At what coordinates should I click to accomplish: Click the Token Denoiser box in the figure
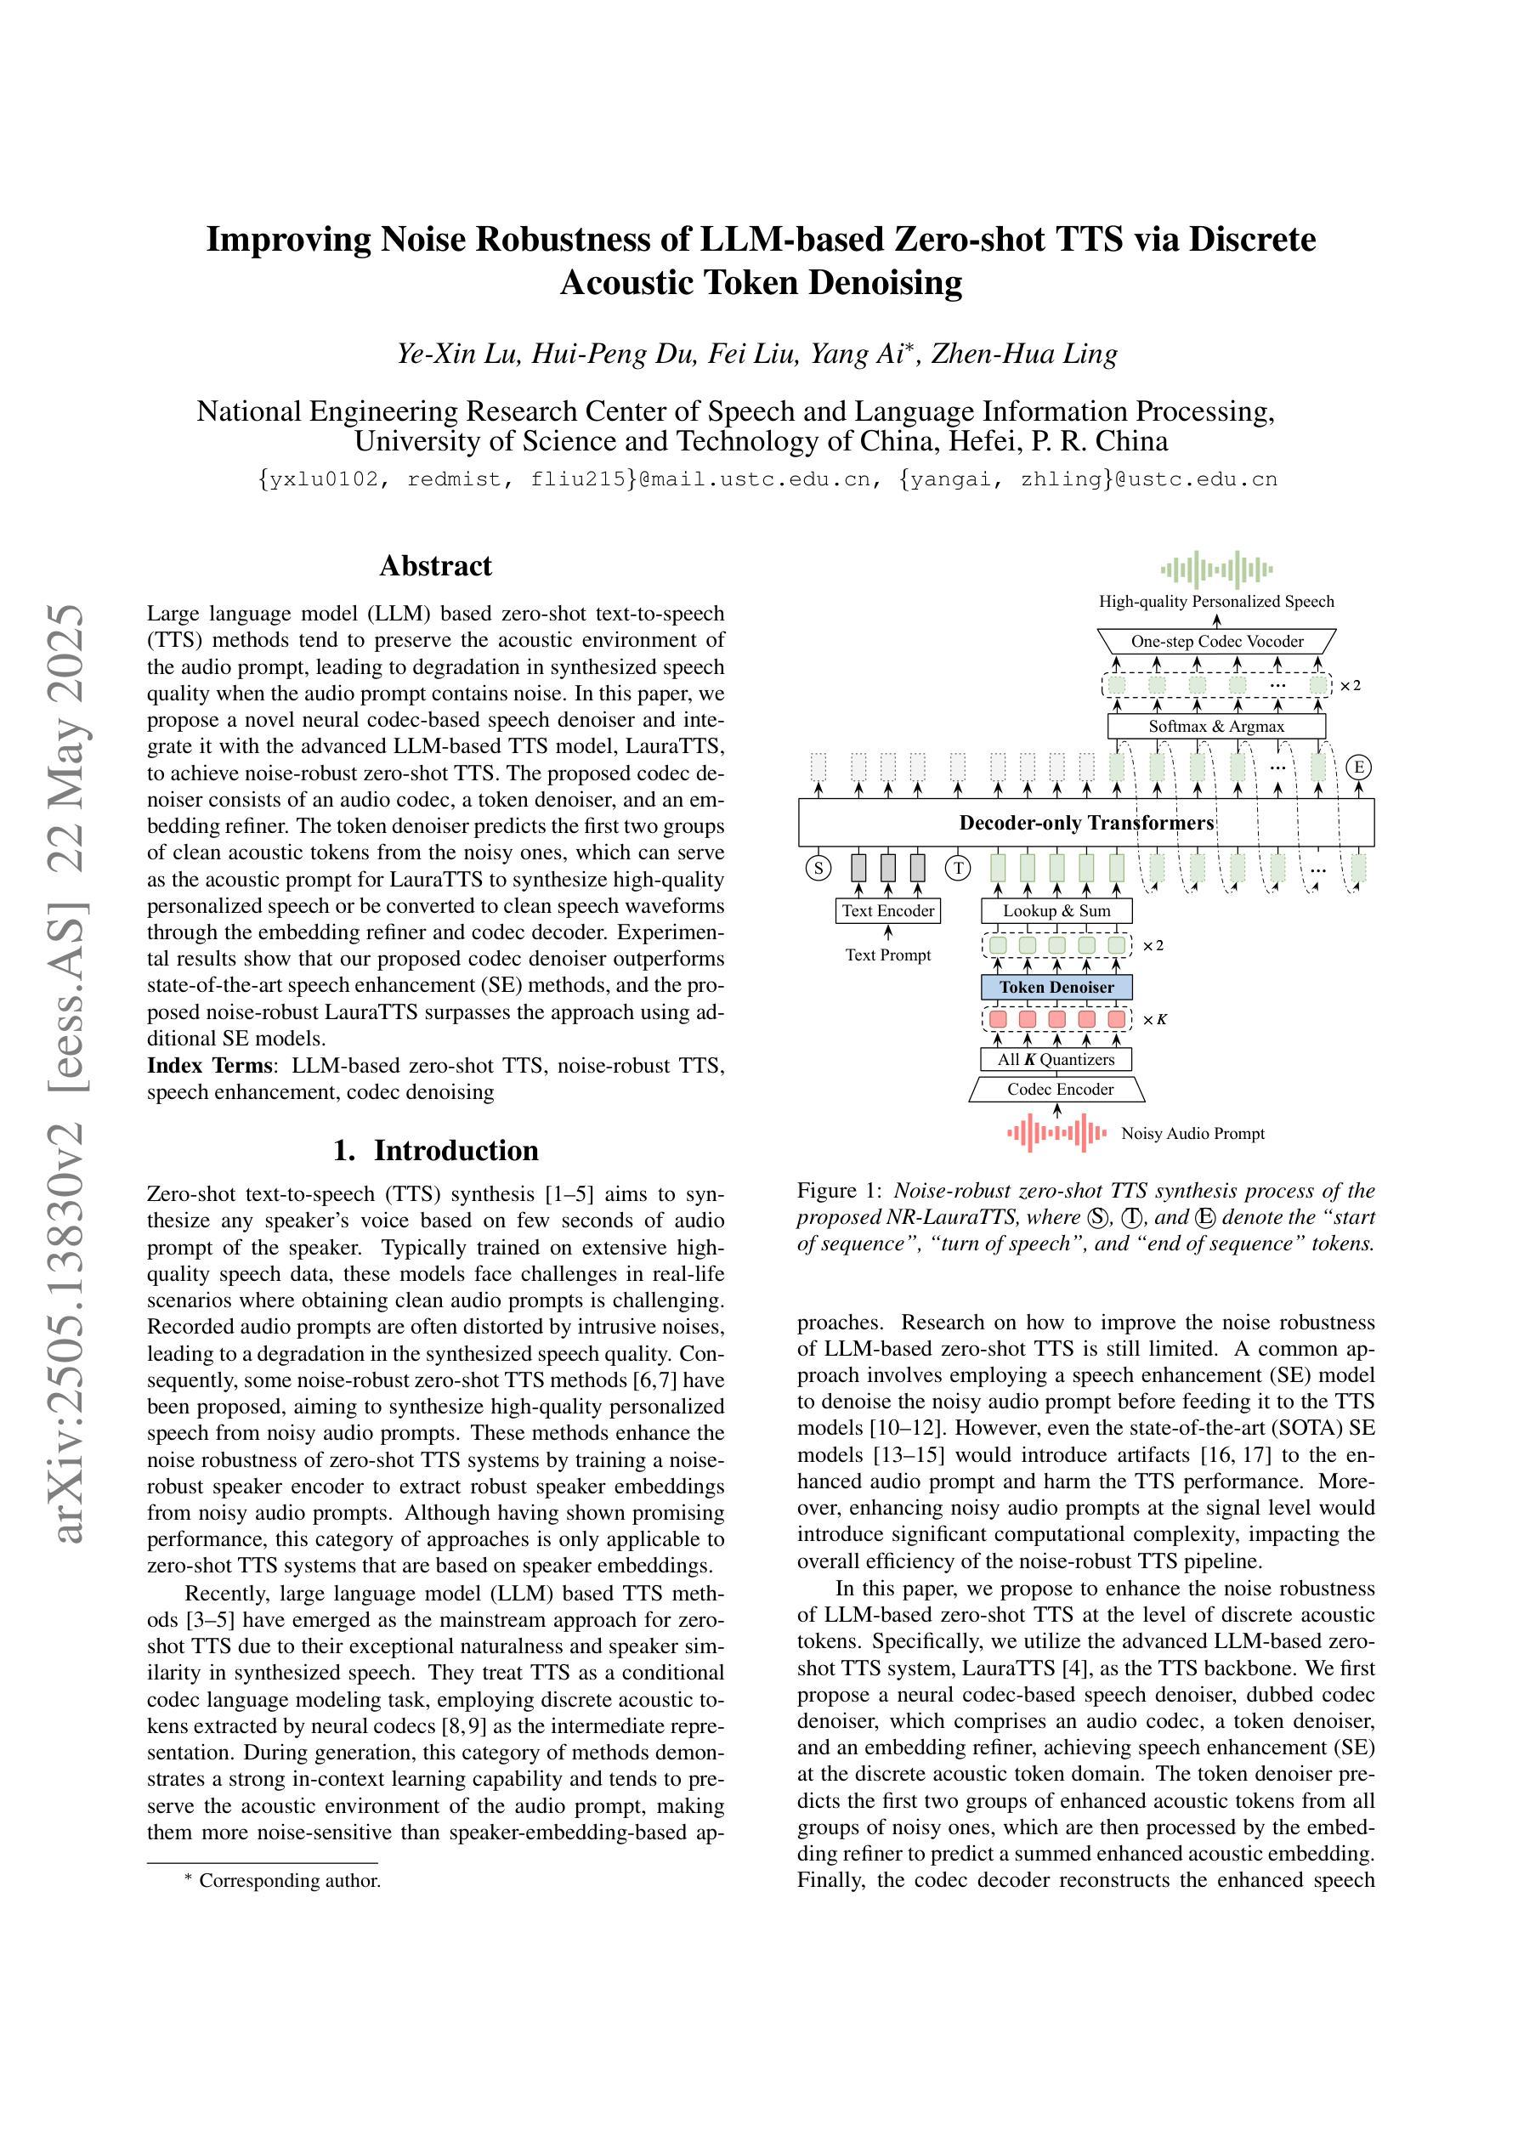tap(1056, 988)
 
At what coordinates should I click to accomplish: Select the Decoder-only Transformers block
tap(1086, 823)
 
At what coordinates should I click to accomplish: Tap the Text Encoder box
tap(887, 911)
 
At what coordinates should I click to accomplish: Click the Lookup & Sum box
tap(1056, 911)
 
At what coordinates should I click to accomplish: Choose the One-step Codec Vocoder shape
tap(1216, 642)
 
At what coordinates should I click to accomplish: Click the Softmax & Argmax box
tap(1216, 727)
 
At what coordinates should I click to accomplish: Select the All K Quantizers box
tap(1056, 1059)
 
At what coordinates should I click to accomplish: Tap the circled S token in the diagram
tap(818, 869)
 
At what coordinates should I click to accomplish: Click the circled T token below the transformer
tap(958, 869)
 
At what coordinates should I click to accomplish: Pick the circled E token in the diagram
tap(1358, 768)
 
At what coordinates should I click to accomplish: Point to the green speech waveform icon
tap(1216, 569)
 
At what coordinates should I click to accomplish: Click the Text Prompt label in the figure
tap(887, 955)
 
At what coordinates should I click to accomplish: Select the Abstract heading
tap(435, 566)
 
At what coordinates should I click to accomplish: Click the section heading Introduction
tap(436, 1150)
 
